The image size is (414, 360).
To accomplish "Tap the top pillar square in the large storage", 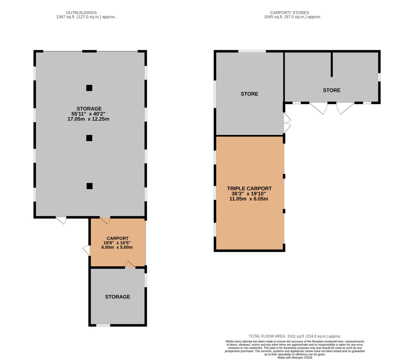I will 89,88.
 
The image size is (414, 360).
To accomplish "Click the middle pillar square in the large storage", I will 89,138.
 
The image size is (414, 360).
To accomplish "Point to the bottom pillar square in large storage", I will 89,186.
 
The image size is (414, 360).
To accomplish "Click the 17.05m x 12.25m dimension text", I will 88,119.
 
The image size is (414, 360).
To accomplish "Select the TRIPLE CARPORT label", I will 249,188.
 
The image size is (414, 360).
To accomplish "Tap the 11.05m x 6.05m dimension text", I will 249,199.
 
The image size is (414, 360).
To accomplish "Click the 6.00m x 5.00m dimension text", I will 117,247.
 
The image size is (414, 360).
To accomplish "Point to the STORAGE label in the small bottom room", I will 117,297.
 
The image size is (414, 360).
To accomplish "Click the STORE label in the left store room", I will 249,94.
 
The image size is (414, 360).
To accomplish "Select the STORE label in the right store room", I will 331,90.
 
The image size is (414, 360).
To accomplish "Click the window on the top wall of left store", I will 252,51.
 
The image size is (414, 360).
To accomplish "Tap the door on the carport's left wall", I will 87,250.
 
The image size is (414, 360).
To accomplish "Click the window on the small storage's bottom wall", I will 103,325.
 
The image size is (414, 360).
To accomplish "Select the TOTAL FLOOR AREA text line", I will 295,336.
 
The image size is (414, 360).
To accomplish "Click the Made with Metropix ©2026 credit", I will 295,358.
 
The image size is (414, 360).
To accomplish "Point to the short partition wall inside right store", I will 332,64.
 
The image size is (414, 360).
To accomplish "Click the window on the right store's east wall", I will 379,77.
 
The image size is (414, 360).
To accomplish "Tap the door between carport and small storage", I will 130,265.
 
